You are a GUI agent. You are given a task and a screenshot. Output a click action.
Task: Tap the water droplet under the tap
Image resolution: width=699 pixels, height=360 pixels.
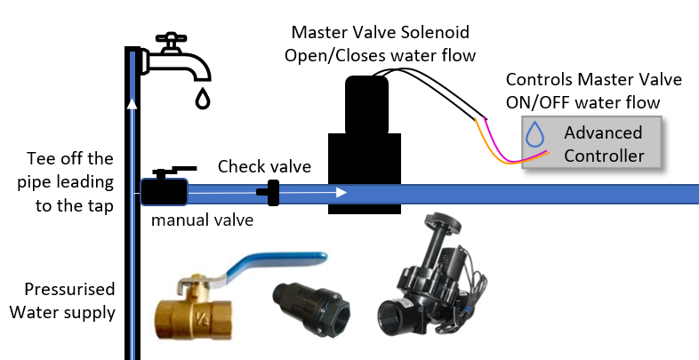pos(204,97)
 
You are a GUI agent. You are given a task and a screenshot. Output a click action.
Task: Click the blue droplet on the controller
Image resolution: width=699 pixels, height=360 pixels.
pos(535,134)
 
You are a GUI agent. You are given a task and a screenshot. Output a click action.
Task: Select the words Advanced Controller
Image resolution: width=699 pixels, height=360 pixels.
pos(603,144)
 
